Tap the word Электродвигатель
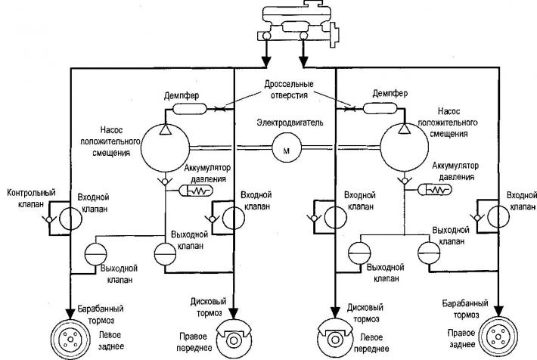pyautogui.click(x=290, y=123)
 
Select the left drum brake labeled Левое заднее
pyautogui.click(x=70, y=339)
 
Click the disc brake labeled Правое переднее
pyautogui.click(x=234, y=339)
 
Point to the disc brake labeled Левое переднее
pyautogui.click(x=334, y=339)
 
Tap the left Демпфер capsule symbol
pyautogui.click(x=189, y=109)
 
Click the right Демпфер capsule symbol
pyautogui.click(x=380, y=109)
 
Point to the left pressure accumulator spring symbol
pyautogui.click(x=196, y=191)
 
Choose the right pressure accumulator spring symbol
pyautogui.click(x=435, y=189)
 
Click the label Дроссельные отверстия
pyautogui.click(x=289, y=89)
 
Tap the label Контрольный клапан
pyautogui.click(x=31, y=198)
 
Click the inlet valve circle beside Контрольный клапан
pyautogui.click(x=70, y=218)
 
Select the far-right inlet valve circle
pyautogui.click(x=498, y=216)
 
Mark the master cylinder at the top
pyautogui.click(x=298, y=23)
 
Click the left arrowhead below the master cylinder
pyautogui.click(x=265, y=62)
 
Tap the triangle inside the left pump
pyautogui.click(x=165, y=129)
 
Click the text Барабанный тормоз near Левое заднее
pyautogui.click(x=101, y=315)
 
